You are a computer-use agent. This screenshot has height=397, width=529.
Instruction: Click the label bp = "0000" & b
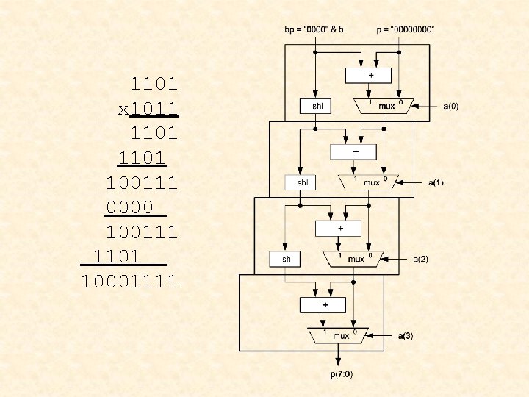pyautogui.click(x=314, y=29)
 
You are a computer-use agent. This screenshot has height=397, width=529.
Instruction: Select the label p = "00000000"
pyautogui.click(x=405, y=29)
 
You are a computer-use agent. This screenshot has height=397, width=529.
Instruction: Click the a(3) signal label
pyautogui.click(x=406, y=335)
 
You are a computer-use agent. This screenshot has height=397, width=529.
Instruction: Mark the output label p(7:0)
pyautogui.click(x=340, y=374)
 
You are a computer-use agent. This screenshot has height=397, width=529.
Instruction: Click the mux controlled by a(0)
pyautogui.click(x=384, y=106)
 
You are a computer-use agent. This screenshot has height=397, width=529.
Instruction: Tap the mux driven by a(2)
pyautogui.click(x=354, y=259)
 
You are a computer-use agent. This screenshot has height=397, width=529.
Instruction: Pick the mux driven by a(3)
pyautogui.click(x=339, y=335)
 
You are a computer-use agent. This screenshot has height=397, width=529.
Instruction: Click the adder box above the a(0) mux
pyautogui.click(x=370, y=75)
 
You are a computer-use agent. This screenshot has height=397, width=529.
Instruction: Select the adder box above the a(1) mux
pyautogui.click(x=354, y=151)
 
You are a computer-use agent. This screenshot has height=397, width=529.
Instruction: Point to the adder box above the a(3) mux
pyautogui.click(x=324, y=304)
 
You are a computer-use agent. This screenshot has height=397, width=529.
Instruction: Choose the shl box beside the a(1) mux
pyautogui.click(x=302, y=182)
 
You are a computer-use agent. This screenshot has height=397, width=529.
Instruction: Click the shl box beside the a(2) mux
pyautogui.click(x=287, y=259)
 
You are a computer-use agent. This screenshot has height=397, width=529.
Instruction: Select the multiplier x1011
pyautogui.click(x=149, y=109)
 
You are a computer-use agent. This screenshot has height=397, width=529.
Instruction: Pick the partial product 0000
pyautogui.click(x=130, y=208)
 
